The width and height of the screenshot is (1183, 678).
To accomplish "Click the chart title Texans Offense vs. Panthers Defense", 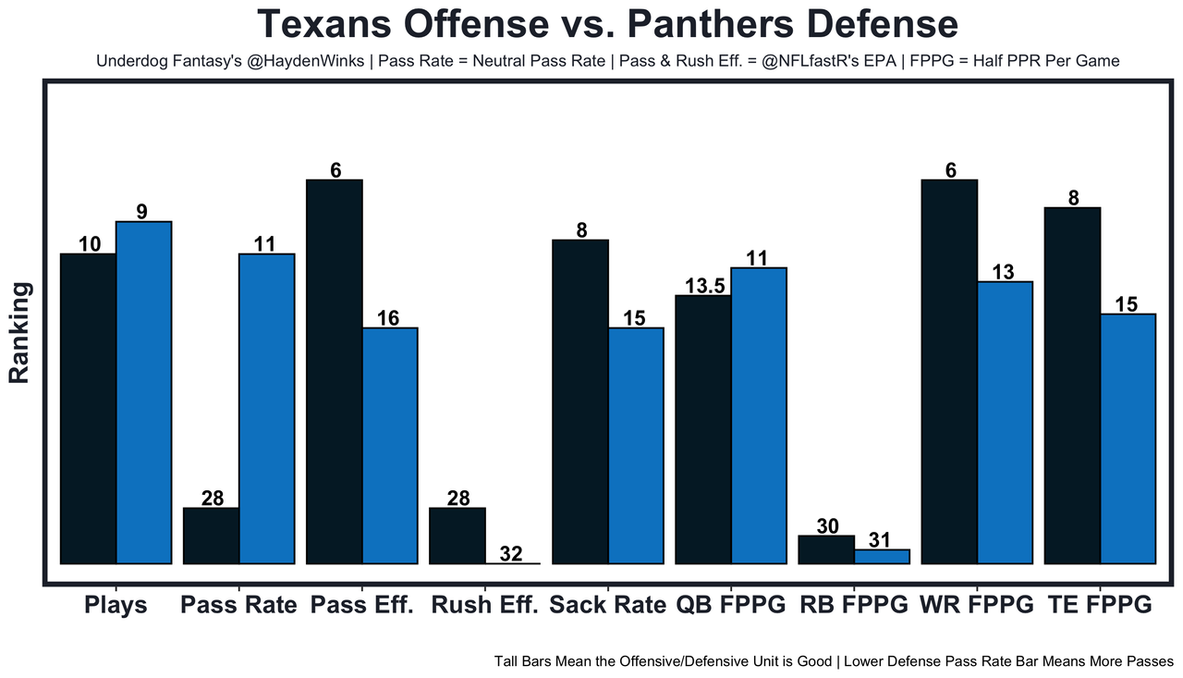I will pos(606,24).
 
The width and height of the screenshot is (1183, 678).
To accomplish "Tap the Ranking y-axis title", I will pos(19,333).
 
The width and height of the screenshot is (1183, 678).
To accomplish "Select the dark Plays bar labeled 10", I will pos(89,408).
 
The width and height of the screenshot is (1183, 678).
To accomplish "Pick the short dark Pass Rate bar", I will pos(212,536).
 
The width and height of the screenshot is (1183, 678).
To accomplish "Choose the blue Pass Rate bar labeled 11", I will pos(267,408).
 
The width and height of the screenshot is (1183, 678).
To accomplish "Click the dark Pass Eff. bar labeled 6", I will pos(335,371).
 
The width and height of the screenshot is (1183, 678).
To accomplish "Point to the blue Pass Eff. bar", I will pos(390,445).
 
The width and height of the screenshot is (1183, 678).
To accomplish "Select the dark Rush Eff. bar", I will pos(457,536).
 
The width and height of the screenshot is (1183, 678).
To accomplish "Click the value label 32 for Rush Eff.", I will pos(511,554).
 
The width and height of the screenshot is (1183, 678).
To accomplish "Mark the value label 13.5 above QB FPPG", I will pos(703,285).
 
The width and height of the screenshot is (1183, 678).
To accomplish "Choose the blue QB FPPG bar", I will pos(759,415).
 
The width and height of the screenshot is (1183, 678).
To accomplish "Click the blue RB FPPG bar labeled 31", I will pos(882,557).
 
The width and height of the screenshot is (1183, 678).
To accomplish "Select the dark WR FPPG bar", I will pos(949,371).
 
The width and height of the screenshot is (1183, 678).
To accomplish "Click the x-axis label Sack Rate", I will pos(607,606).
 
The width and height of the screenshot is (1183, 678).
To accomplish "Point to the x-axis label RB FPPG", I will pos(853,606).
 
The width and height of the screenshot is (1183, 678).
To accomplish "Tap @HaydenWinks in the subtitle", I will pos(295,62).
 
